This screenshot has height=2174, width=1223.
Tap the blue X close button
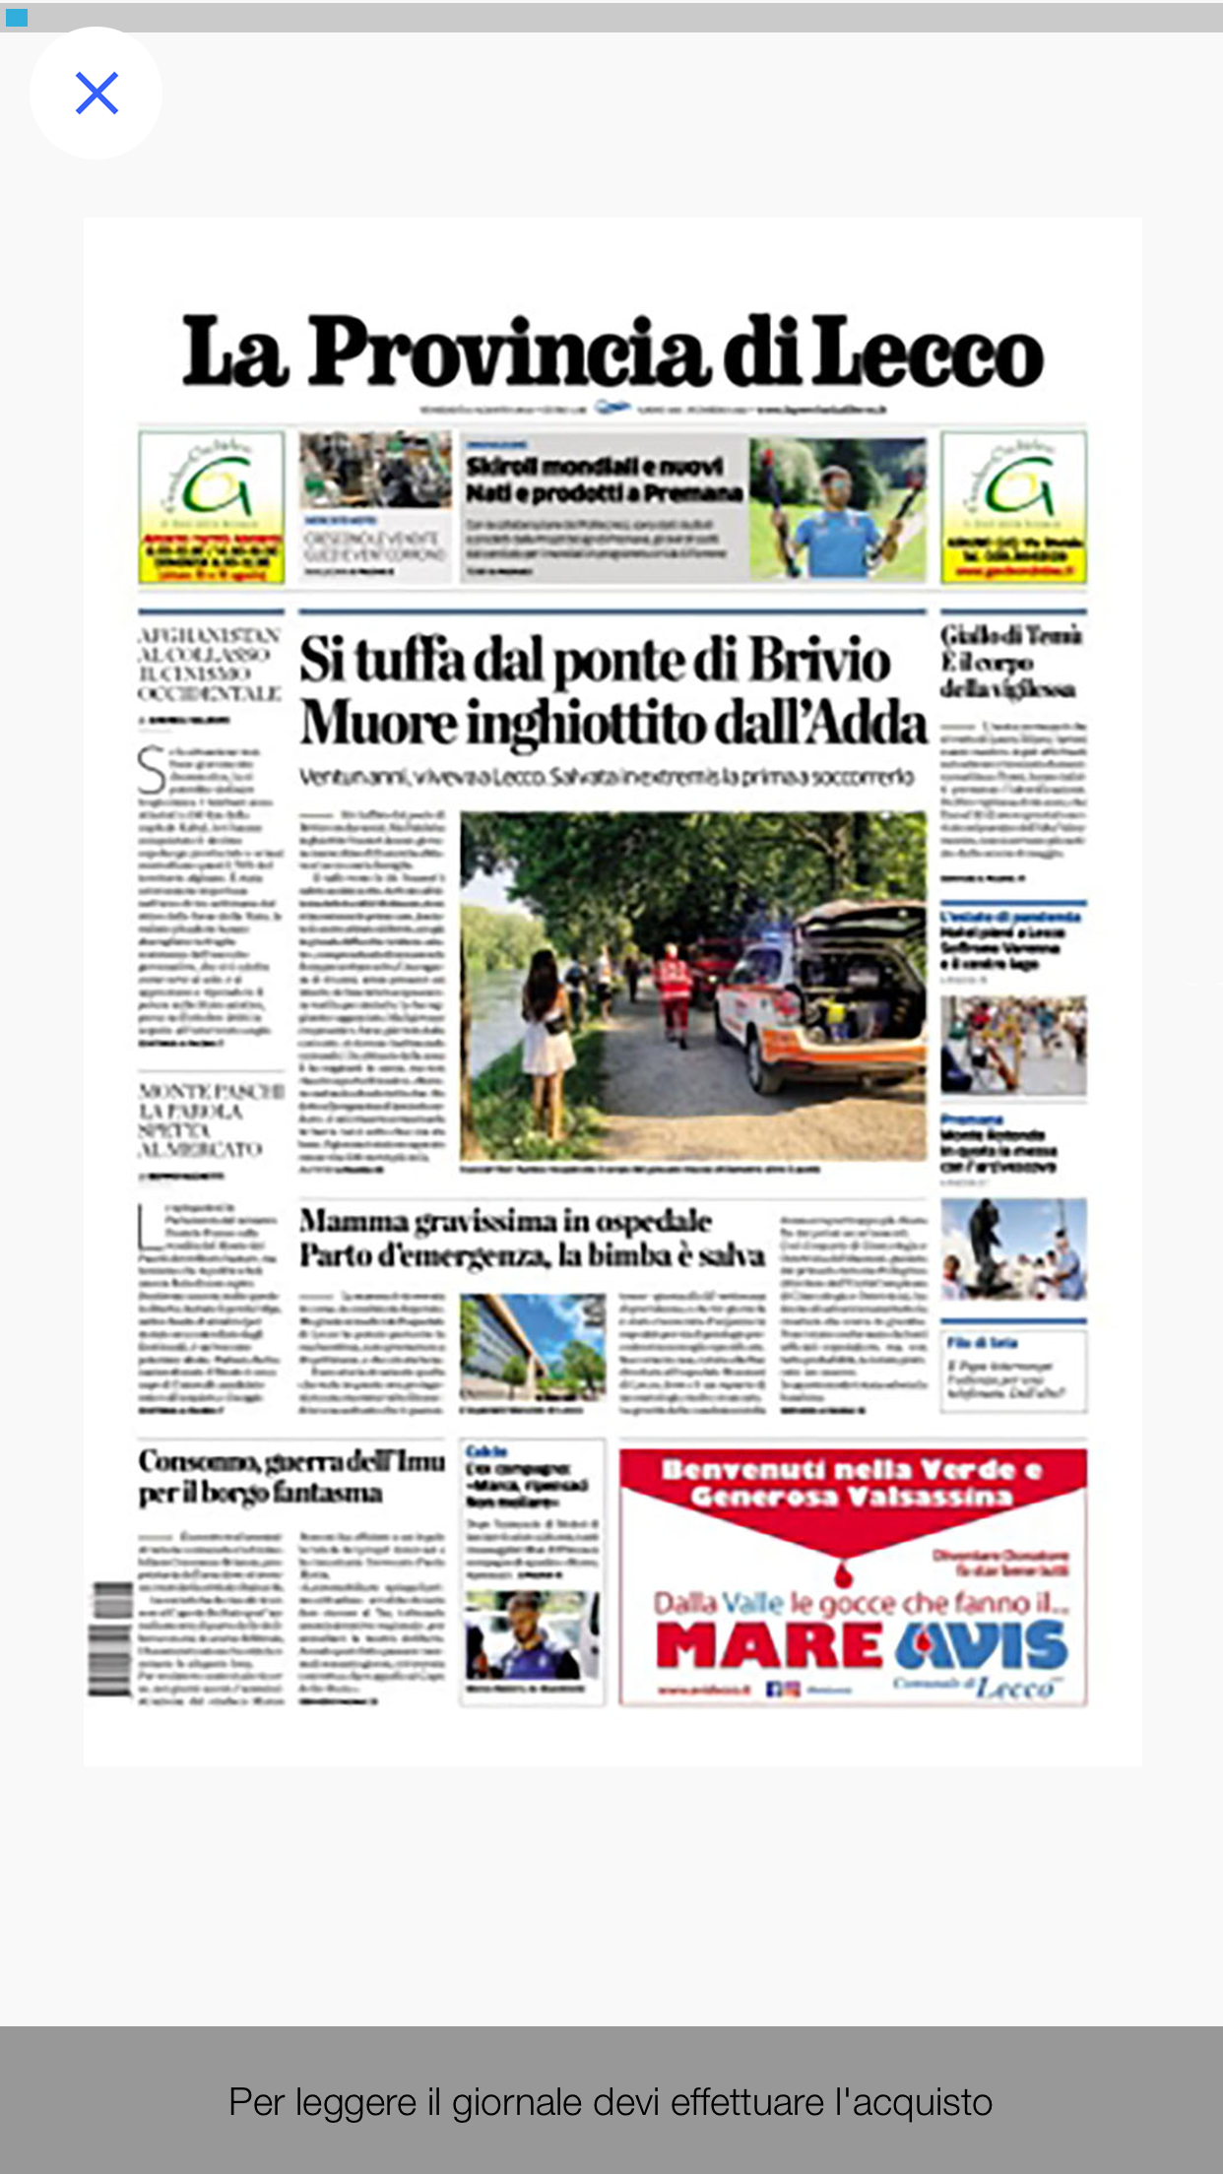point(97,94)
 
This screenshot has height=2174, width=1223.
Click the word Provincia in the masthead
point(508,352)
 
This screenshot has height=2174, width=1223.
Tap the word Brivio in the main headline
point(819,660)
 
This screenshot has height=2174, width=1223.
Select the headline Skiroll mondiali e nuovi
point(595,466)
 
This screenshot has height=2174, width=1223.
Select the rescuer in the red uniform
point(675,990)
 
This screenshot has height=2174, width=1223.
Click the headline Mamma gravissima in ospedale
point(505,1222)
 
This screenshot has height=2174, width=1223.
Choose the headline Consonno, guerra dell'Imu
point(291,1461)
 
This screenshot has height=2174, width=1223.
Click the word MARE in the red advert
point(769,1645)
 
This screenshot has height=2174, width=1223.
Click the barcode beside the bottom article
point(110,1639)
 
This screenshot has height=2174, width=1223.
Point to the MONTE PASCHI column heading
point(211,1119)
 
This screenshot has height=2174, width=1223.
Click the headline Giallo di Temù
point(1010,635)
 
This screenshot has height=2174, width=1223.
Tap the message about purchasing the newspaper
point(611,2102)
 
